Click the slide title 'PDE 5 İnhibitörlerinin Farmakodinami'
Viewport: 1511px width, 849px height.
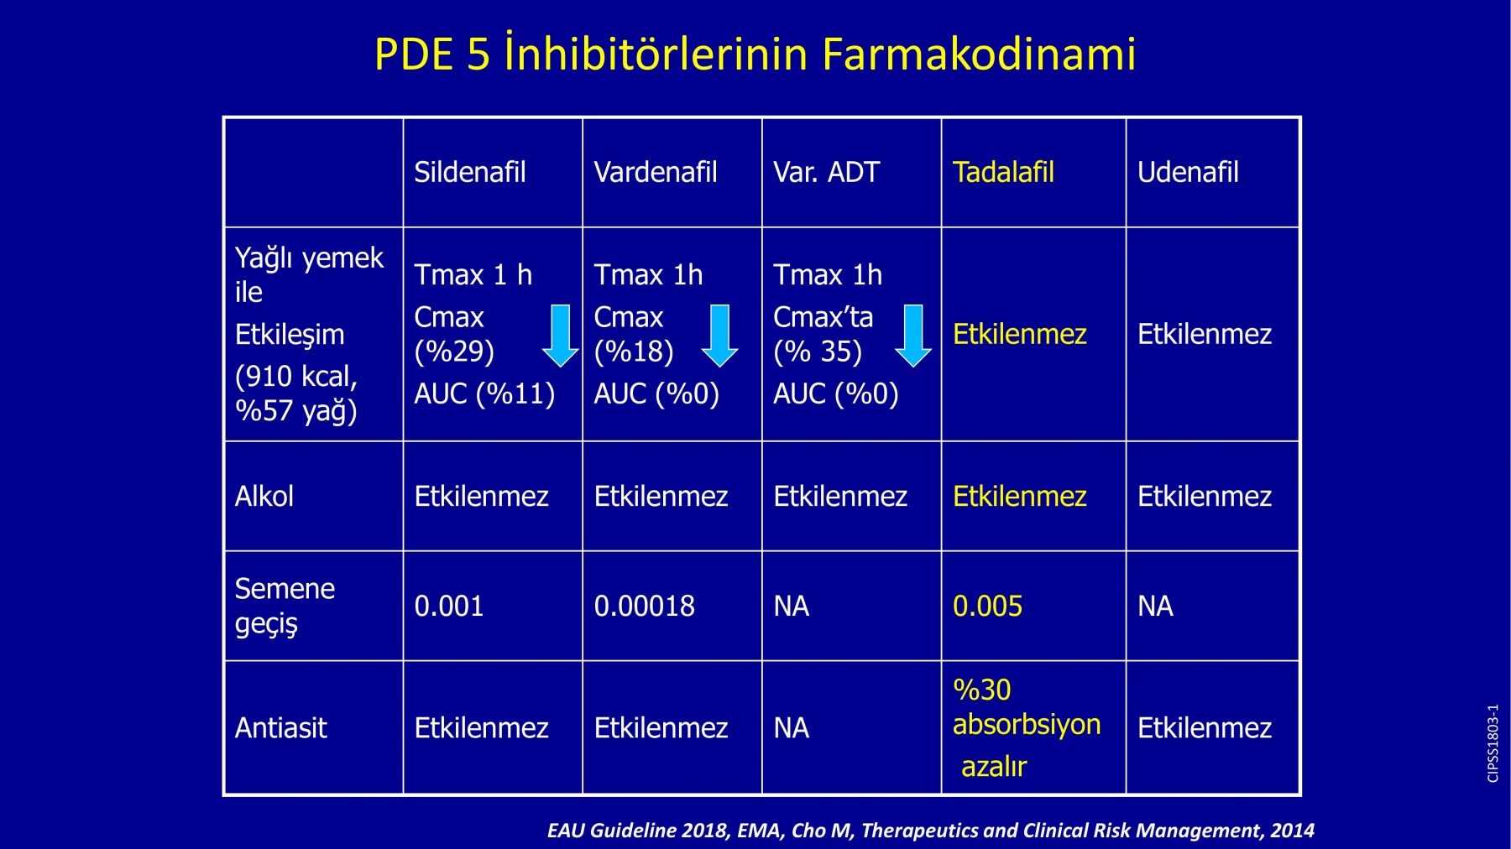pos(755,54)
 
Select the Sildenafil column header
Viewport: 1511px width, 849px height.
pos(470,172)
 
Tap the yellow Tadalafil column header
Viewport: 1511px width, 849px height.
pos(1003,172)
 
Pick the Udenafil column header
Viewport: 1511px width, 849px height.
pos(1188,172)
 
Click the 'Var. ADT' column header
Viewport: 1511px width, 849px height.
pos(826,172)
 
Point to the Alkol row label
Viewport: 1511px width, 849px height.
pos(264,496)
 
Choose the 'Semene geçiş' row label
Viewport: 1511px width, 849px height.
pos(285,606)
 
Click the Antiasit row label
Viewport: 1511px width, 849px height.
pos(281,727)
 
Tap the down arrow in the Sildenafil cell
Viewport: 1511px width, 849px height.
pos(560,336)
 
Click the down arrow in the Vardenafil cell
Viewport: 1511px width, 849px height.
pos(719,336)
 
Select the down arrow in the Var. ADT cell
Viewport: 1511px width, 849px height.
pos(913,336)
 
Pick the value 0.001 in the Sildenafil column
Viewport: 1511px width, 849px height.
pos(449,606)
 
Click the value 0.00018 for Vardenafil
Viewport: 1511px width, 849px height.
pos(645,606)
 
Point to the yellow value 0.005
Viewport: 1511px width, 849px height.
pos(988,606)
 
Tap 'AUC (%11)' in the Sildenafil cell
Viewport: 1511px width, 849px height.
pos(484,393)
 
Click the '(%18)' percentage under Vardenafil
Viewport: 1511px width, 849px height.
pos(634,352)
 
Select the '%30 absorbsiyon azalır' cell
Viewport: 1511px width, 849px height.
pos(1027,727)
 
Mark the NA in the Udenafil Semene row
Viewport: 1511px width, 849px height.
pos(1155,606)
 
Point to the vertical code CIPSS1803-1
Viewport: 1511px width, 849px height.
pos(1493,743)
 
